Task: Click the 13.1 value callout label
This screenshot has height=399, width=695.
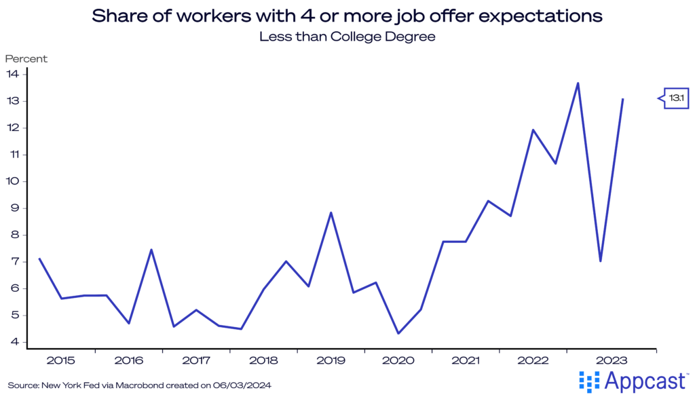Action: tap(676, 98)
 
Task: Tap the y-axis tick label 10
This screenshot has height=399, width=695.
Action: tap(12, 181)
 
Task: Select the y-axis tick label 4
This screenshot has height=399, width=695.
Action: tap(14, 342)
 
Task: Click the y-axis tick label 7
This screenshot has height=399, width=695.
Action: tap(14, 262)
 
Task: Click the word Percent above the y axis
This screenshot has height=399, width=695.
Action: tap(26, 59)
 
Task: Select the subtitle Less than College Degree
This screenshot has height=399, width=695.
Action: tap(347, 37)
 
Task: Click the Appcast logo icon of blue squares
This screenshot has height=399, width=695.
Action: tap(588, 381)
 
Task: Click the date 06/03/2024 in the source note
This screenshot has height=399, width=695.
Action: tap(247, 385)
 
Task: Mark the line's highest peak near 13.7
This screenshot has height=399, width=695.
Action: tap(578, 83)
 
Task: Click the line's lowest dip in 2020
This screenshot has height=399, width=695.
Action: tap(398, 333)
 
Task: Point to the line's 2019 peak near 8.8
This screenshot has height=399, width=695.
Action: tap(331, 212)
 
